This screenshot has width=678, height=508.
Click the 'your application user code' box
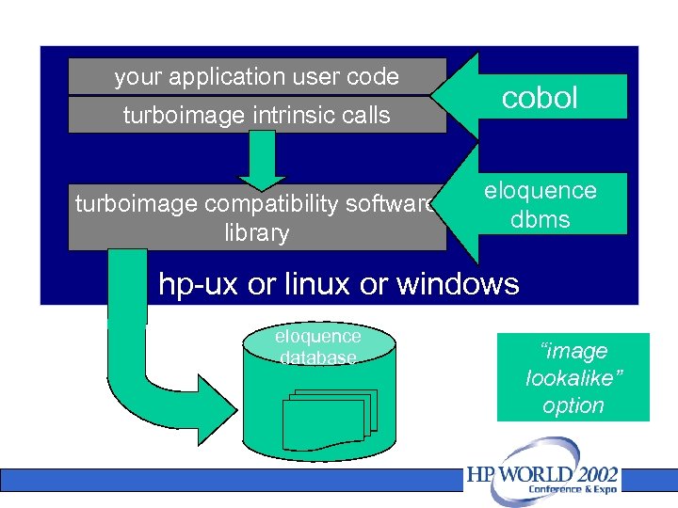[x=256, y=76]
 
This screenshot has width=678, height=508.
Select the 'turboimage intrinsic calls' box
[x=256, y=115]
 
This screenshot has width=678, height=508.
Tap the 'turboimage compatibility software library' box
[x=256, y=217]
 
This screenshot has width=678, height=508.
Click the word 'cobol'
[x=540, y=98]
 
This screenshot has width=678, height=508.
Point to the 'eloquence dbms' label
[x=540, y=204]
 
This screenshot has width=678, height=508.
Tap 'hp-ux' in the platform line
[x=199, y=283]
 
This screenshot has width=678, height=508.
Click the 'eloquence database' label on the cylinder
[x=317, y=346]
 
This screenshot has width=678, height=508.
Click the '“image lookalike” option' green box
[x=573, y=377]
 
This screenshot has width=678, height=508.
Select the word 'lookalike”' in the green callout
[x=573, y=378]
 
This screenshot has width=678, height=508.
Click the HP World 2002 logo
[x=542, y=481]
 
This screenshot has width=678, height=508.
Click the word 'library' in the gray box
[x=256, y=232]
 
